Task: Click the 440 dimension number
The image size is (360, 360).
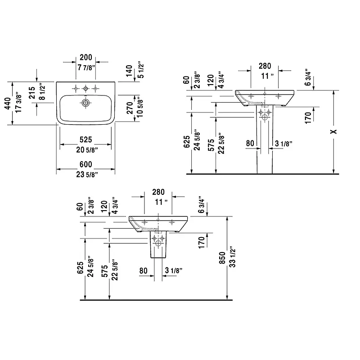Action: pyautogui.click(x=8, y=103)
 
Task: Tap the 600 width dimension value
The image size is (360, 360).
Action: pyautogui.click(x=86, y=164)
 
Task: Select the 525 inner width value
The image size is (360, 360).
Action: pyautogui.click(x=86, y=139)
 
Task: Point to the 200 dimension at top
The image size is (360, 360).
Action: pyautogui.click(x=86, y=58)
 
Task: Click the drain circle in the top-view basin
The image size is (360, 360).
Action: pyautogui.click(x=85, y=103)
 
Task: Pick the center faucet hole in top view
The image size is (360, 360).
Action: pyautogui.click(x=85, y=88)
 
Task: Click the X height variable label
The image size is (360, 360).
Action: pyautogui.click(x=333, y=131)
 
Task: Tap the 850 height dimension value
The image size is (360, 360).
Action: pyautogui.click(x=222, y=257)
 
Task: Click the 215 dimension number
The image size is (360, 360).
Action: pyautogui.click(x=32, y=93)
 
